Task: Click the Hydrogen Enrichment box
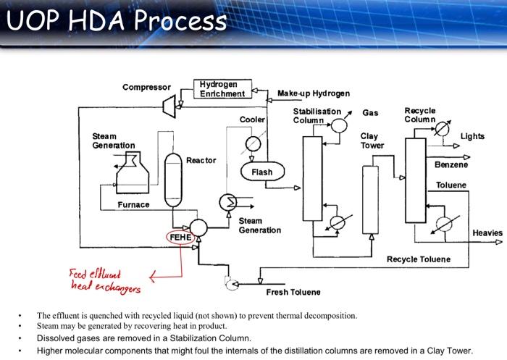pyautogui.click(x=222, y=89)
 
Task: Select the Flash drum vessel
pyautogui.click(x=262, y=172)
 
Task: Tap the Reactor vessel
pyautogui.click(x=173, y=180)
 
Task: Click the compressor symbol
pyautogui.click(x=169, y=106)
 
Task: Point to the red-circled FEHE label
pyautogui.click(x=180, y=238)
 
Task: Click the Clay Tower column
pyautogui.click(x=371, y=200)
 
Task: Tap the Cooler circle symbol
pyautogui.click(x=253, y=144)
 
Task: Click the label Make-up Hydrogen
pyautogui.click(x=314, y=93)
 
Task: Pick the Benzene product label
pyautogui.click(x=451, y=164)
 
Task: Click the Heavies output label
pyautogui.click(x=487, y=233)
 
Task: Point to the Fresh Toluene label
pyautogui.click(x=293, y=292)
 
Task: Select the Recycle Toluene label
pyautogui.click(x=419, y=259)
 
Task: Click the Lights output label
pyautogui.click(x=472, y=136)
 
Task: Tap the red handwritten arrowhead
pyautogui.click(x=153, y=277)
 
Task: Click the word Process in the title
pyautogui.click(x=180, y=20)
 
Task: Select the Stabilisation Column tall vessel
pyautogui.click(x=312, y=178)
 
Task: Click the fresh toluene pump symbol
pyautogui.click(x=232, y=284)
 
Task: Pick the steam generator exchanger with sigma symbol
pyautogui.click(x=228, y=203)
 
